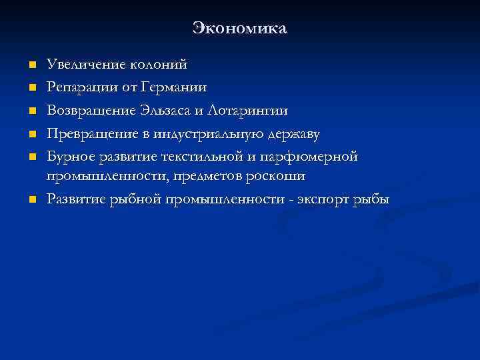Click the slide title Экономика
(x=239, y=28)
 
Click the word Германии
(x=175, y=88)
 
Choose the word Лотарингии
(x=249, y=111)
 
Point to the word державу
(x=294, y=134)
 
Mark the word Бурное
(x=70, y=157)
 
